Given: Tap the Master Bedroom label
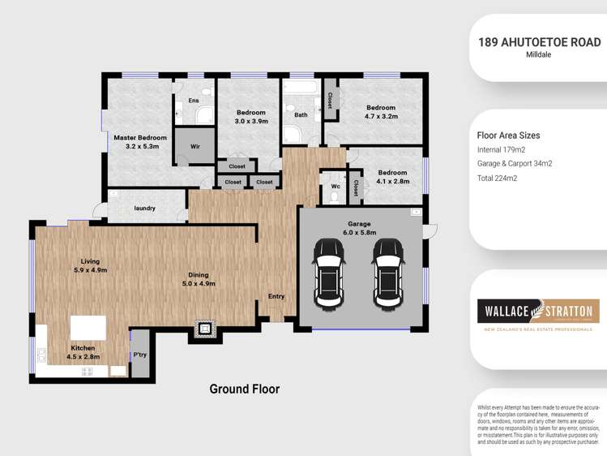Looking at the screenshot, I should pyautogui.click(x=140, y=142).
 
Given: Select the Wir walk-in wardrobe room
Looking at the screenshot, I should pyautogui.click(x=195, y=147).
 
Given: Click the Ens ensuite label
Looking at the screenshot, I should pyautogui.click(x=194, y=101).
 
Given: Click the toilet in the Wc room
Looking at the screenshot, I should pyautogui.click(x=355, y=188).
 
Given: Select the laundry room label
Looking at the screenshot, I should pyautogui.click(x=145, y=209).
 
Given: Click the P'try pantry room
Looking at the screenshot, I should pyautogui.click(x=140, y=355).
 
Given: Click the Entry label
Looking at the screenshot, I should pyautogui.click(x=276, y=296).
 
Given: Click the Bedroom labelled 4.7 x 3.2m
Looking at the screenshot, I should pyautogui.click(x=380, y=112).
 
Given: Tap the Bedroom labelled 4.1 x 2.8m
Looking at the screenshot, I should pyautogui.click(x=392, y=177).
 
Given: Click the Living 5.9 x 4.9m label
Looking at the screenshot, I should pyautogui.click(x=90, y=265).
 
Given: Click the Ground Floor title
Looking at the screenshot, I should pyautogui.click(x=244, y=389).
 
